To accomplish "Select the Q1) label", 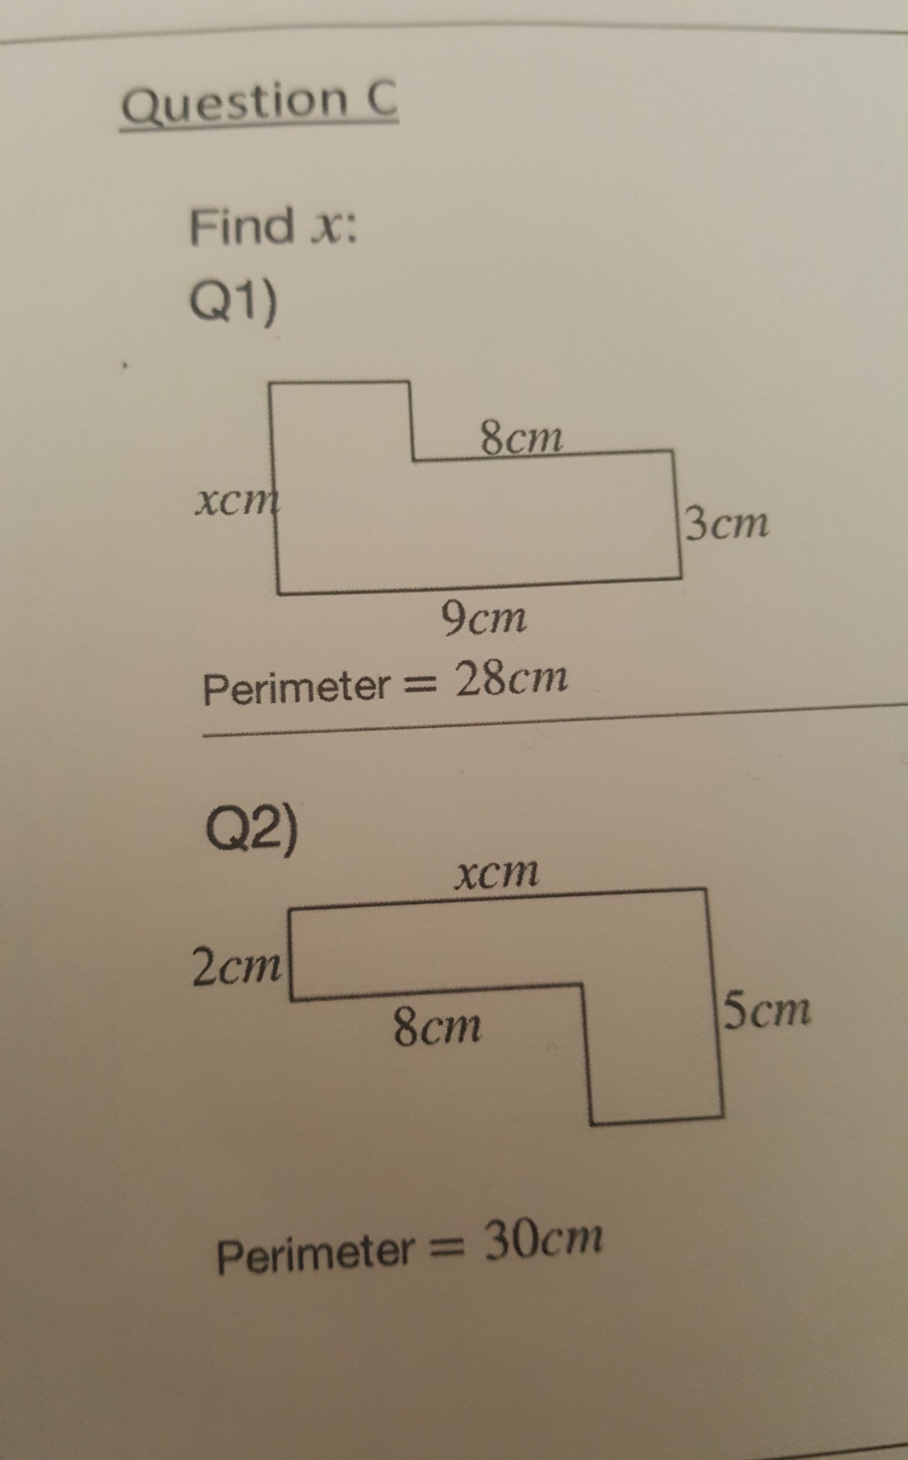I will tap(234, 301).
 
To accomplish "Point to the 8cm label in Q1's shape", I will tap(521, 439).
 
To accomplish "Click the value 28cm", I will tap(512, 679).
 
